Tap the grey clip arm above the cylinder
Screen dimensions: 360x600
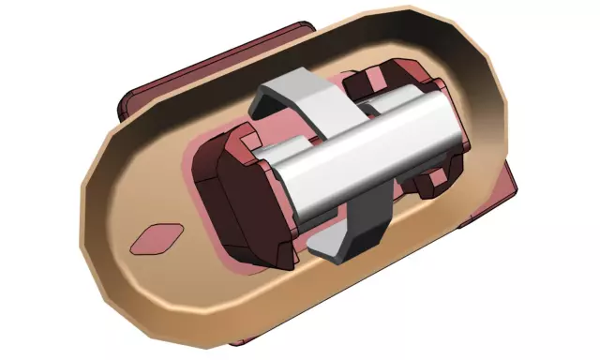tap(291, 94)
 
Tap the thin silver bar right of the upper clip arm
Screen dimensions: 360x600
tap(375, 99)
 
